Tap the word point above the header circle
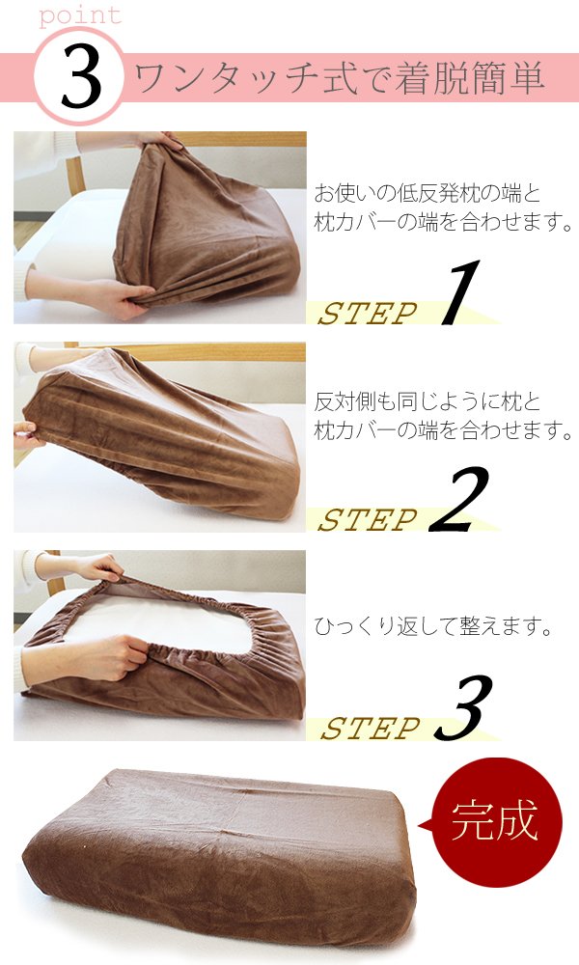point(80,14)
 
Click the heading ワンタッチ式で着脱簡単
point(339,78)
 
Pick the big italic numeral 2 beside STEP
point(459,499)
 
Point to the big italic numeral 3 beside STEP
point(463,706)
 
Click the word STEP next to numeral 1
point(368,314)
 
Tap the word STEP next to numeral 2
point(368,520)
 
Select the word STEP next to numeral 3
point(371,729)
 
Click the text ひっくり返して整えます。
point(433,626)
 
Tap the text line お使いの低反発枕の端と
point(427,193)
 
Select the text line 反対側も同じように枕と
point(427,401)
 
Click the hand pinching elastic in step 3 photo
point(104,657)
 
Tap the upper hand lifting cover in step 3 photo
point(93,566)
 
